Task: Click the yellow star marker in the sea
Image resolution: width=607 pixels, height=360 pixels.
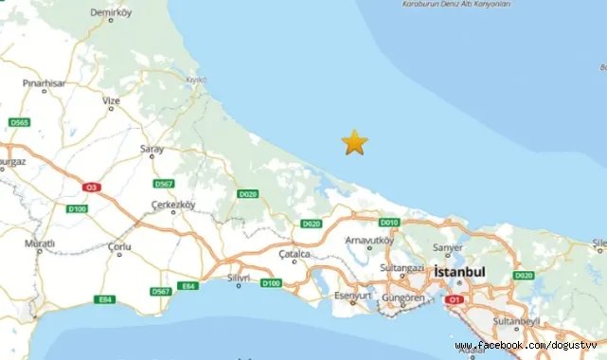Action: click(x=354, y=142)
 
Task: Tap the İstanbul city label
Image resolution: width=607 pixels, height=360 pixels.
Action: click(x=459, y=273)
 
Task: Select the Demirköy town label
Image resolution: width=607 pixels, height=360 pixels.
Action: click(x=108, y=13)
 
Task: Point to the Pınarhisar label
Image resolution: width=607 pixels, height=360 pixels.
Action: click(x=44, y=83)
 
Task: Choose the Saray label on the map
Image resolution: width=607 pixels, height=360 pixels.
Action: click(x=152, y=149)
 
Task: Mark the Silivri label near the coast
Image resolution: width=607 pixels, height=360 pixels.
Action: click(x=237, y=279)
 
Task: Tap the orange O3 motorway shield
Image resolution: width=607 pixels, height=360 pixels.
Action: click(x=91, y=188)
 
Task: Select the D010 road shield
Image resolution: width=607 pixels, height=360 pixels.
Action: click(x=388, y=222)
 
